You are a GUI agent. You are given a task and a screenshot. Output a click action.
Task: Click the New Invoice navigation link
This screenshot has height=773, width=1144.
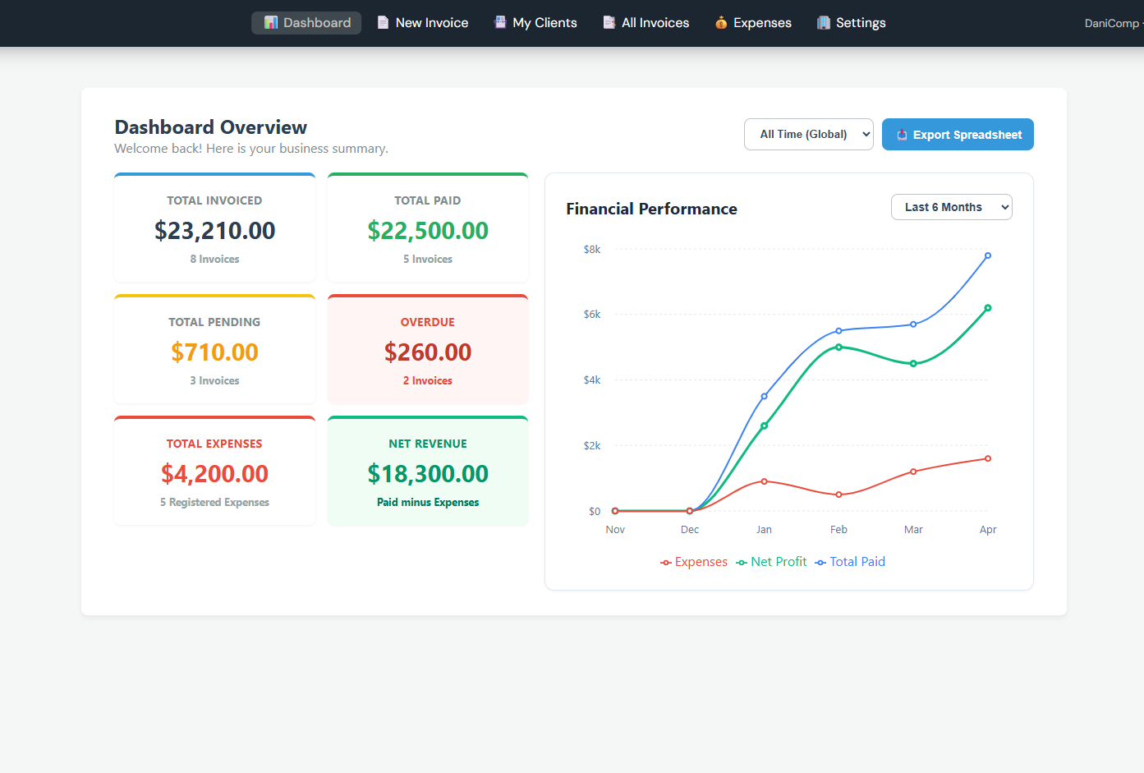[x=423, y=23]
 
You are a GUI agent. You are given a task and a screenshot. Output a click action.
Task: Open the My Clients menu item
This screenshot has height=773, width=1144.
[x=535, y=23]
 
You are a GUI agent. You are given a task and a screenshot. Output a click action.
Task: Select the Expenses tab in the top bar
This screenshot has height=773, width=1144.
[x=753, y=23]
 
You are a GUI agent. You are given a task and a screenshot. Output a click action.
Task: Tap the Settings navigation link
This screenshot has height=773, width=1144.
[x=852, y=23]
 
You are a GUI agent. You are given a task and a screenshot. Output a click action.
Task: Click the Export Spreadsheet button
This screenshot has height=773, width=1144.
[x=958, y=135]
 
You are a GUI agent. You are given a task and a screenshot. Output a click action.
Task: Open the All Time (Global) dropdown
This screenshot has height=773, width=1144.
[x=808, y=135]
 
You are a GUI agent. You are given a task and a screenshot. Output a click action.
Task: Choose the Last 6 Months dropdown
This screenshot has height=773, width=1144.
[x=951, y=207]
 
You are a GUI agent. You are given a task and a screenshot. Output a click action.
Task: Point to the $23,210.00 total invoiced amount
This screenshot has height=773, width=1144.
[x=214, y=231]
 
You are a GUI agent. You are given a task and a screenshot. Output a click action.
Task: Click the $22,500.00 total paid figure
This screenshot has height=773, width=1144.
[x=428, y=231]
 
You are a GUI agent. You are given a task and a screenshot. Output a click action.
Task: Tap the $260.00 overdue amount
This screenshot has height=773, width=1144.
[x=428, y=352]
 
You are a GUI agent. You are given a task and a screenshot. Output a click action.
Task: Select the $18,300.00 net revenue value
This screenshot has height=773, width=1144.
[x=428, y=474]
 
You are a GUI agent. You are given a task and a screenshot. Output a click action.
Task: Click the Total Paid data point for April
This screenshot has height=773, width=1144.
[x=988, y=255]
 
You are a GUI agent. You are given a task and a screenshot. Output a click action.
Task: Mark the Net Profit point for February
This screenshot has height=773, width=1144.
[x=838, y=347]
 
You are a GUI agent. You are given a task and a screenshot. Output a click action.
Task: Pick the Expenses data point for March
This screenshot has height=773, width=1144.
[x=913, y=472]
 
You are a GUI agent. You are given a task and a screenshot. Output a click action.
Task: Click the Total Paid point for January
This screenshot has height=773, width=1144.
[x=765, y=396]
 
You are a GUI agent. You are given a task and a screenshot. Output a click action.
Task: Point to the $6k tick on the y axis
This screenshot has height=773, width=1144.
[x=592, y=315]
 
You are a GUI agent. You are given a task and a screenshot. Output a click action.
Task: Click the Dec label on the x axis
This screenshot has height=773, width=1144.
[x=690, y=530]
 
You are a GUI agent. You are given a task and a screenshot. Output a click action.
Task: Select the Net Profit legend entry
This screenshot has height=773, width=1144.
[x=771, y=562]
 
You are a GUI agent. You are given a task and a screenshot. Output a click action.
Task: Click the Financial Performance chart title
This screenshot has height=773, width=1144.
[x=651, y=209]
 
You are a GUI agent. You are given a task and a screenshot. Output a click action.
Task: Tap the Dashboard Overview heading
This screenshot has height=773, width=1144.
[x=211, y=127]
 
